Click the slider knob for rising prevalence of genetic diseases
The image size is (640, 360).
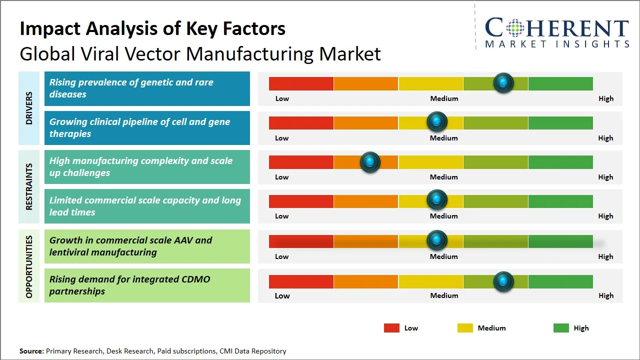point(503,82)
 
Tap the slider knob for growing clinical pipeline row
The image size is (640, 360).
point(437,121)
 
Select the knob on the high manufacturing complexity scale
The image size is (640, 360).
point(370,162)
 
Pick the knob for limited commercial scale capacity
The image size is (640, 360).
point(437,200)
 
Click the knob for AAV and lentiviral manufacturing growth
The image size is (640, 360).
point(437,240)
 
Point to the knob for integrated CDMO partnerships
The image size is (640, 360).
point(503,281)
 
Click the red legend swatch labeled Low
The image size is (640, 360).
point(391,328)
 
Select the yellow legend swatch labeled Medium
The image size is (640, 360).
point(465,328)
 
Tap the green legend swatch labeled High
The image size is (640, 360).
point(561,328)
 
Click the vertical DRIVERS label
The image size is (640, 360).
point(29,108)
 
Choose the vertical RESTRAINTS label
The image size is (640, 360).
point(29,186)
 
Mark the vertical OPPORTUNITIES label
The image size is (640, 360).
point(29,266)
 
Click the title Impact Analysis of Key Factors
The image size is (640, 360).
point(152,29)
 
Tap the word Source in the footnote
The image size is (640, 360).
point(31,351)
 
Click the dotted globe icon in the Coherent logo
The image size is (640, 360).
point(514,28)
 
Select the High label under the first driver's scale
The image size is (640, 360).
point(605,98)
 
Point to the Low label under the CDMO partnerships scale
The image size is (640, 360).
point(282,295)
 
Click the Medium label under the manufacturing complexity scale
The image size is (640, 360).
point(443,177)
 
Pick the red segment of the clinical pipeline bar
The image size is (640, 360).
point(301,123)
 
